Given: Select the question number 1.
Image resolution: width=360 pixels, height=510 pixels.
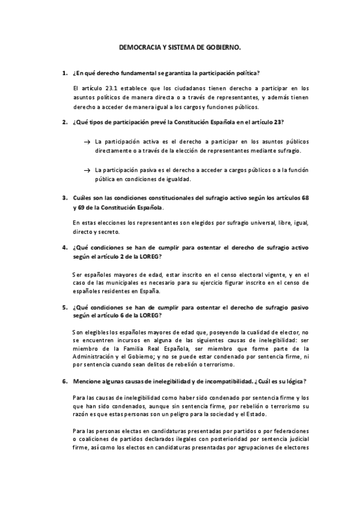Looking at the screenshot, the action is click(x=64, y=74).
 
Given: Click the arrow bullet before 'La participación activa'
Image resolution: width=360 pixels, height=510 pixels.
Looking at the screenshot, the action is click(x=87, y=141).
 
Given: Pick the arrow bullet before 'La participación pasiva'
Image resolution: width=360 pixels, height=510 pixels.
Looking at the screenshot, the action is click(x=87, y=170).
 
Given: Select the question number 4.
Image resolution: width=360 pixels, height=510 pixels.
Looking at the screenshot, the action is click(x=64, y=247).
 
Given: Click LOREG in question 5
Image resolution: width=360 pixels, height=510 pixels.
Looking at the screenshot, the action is click(x=149, y=315).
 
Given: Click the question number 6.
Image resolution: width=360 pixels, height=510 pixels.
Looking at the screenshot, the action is click(x=64, y=381).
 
